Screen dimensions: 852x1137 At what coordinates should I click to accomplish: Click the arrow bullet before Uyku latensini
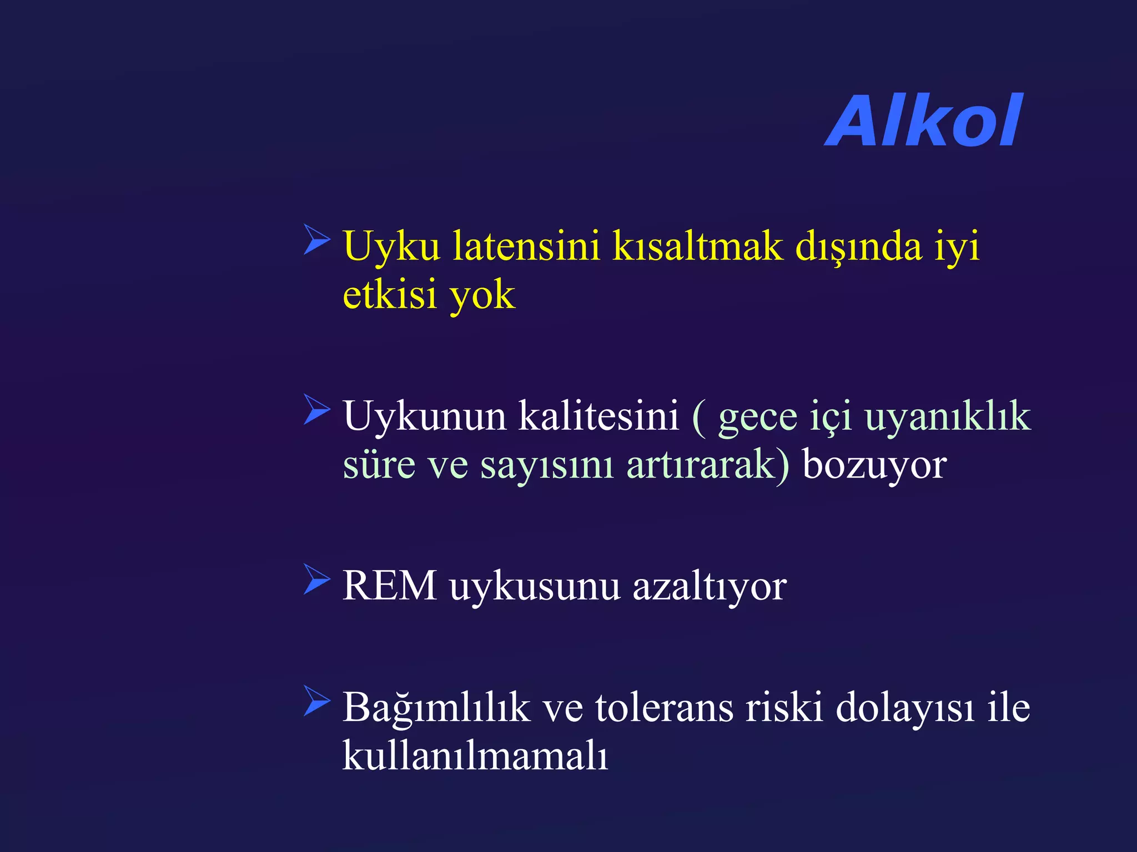coord(316,239)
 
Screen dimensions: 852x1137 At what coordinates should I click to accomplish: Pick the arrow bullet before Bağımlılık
coord(316,701)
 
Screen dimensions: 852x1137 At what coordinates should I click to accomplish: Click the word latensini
coord(526,246)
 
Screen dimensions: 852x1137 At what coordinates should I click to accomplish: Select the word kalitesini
coord(598,416)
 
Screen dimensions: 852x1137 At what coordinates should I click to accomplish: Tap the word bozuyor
coord(874,465)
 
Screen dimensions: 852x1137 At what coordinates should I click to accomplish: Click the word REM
coord(390,586)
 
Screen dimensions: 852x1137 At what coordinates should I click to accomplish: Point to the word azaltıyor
coord(710,587)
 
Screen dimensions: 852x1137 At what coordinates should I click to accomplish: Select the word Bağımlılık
coord(436,708)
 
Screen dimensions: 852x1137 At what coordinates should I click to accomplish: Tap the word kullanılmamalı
coord(475,755)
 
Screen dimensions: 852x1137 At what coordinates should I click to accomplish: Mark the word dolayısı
coord(905,708)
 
